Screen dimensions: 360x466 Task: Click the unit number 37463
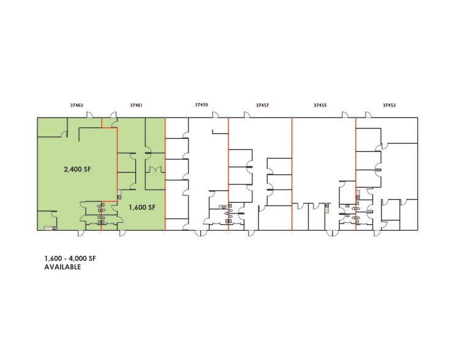click(77, 105)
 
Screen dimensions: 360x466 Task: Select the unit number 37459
click(201, 105)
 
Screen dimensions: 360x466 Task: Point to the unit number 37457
click(262, 105)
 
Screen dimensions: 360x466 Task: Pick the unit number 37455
click(320, 105)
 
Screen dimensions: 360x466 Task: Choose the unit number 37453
click(389, 105)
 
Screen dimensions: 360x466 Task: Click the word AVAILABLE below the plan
click(62, 267)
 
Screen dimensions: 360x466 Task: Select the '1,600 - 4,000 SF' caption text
click(70, 258)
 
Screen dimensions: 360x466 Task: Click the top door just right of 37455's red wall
click(369, 115)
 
